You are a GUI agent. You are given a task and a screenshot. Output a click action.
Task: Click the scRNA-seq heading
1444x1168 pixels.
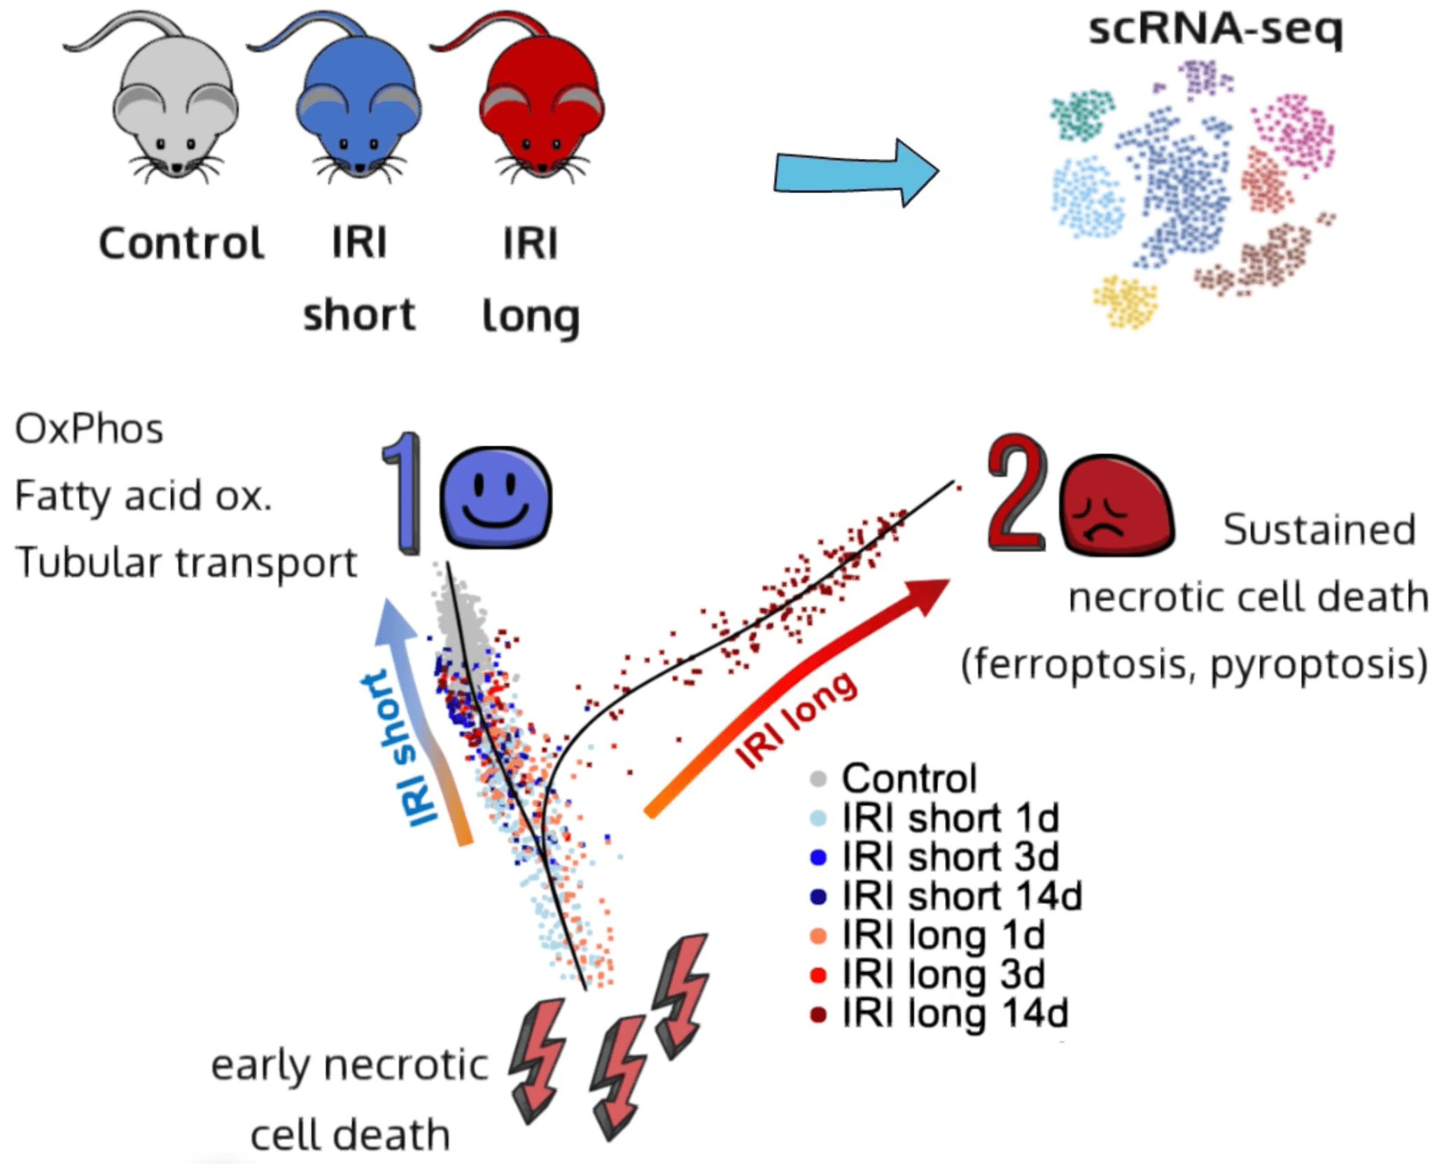[x=1215, y=29]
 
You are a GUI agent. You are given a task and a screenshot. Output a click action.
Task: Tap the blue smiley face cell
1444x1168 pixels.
[x=496, y=498]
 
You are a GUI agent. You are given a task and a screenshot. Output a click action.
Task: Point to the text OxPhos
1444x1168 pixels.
[x=89, y=429]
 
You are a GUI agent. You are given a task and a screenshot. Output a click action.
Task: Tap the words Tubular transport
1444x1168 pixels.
[x=186, y=563]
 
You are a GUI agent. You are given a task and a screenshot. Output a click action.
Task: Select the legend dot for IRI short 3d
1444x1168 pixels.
[x=818, y=857]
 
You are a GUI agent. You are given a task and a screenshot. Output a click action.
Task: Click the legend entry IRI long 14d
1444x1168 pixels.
[x=955, y=1013]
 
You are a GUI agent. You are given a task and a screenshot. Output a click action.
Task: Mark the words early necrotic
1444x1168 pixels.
[x=349, y=1065]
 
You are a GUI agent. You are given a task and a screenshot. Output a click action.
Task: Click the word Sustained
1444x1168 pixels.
[x=1319, y=530]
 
